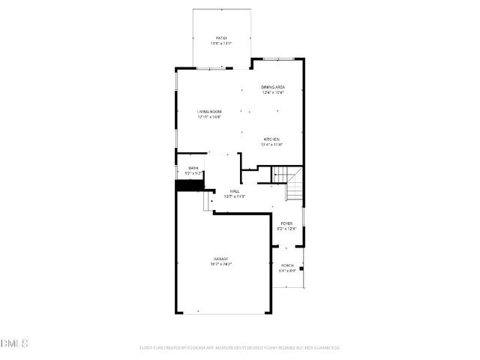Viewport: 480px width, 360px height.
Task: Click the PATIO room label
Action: point(221,37)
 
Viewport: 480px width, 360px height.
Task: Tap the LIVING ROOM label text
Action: point(209,111)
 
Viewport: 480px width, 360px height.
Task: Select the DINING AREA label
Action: point(273,87)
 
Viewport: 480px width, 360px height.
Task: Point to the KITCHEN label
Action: point(271,139)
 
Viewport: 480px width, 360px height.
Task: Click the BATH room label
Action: point(193,168)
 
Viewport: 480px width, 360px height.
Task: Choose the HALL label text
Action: point(235,191)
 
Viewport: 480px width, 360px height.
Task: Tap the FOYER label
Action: point(286,223)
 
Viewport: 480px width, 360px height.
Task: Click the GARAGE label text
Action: point(220,259)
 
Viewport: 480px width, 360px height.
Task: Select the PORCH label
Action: point(287,265)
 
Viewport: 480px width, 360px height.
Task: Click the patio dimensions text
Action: point(221,43)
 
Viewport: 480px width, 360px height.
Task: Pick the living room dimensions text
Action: point(209,116)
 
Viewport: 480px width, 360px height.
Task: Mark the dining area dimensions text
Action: point(273,92)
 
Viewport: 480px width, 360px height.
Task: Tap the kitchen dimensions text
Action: point(271,144)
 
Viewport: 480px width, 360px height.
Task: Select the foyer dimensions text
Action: point(286,229)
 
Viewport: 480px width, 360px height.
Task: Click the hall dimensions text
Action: point(235,196)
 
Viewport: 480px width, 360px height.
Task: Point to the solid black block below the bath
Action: point(184,184)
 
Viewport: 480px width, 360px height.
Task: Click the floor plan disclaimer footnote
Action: point(240,347)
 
